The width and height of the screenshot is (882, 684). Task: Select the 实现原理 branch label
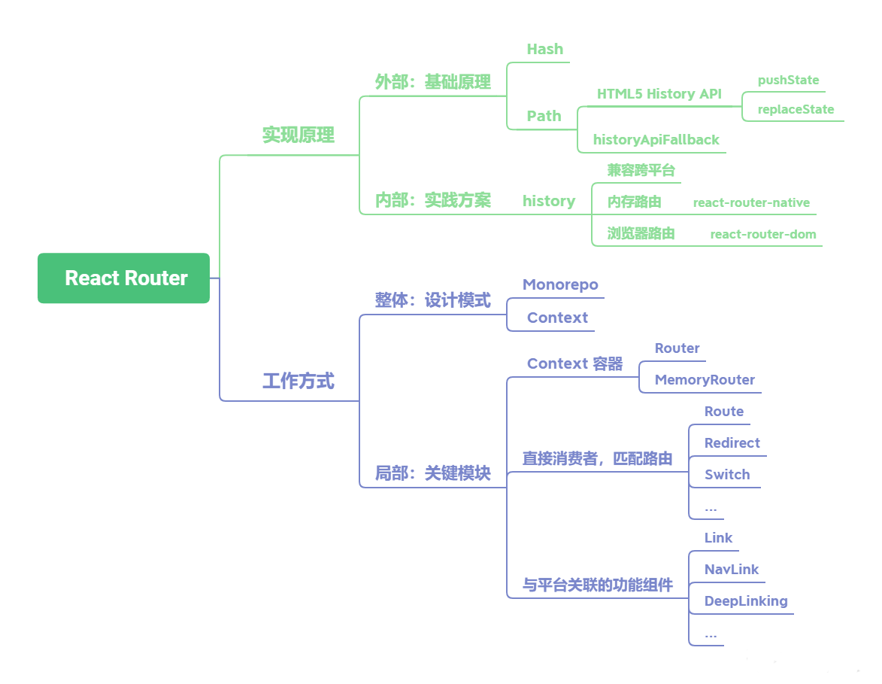click(x=298, y=135)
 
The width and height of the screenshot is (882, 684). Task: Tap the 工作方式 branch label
click(x=298, y=382)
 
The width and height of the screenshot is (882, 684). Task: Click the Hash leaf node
click(x=544, y=50)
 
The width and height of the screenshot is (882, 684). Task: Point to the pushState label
click(x=788, y=80)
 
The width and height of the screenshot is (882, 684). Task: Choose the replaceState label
click(x=796, y=109)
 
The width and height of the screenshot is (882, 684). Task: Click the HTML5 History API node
click(x=659, y=94)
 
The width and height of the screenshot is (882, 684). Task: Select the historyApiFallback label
click(x=656, y=139)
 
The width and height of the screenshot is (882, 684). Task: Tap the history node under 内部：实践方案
click(x=549, y=201)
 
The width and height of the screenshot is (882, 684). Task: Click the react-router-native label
click(x=751, y=202)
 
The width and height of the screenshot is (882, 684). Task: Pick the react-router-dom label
click(x=763, y=234)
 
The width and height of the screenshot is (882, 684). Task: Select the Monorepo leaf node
click(x=560, y=284)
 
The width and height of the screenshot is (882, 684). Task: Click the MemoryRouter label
click(x=705, y=380)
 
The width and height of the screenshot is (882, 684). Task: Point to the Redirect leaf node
click(x=732, y=443)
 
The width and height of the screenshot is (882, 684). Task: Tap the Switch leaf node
click(x=726, y=475)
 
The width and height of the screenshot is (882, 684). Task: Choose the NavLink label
click(x=731, y=570)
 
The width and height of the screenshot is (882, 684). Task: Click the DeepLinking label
click(x=745, y=601)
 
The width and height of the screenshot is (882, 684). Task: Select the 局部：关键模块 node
click(x=432, y=473)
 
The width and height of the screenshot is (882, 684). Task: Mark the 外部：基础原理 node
click(x=432, y=82)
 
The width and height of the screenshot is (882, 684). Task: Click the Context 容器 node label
click(x=574, y=363)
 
